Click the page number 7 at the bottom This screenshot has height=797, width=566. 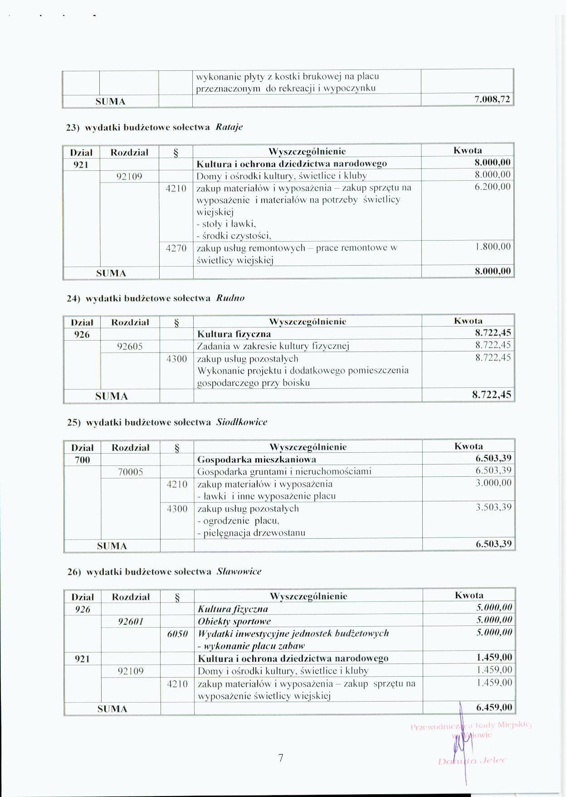pyautogui.click(x=281, y=757)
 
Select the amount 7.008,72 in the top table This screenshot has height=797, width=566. pyautogui.click(x=492, y=100)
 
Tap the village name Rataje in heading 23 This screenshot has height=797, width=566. pyautogui.click(x=229, y=127)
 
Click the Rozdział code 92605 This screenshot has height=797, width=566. pyautogui.click(x=130, y=347)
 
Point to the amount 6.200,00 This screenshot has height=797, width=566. pyautogui.click(x=493, y=187)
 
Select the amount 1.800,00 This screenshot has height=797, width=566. pyautogui.click(x=493, y=247)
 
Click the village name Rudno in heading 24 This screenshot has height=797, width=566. pyautogui.click(x=230, y=298)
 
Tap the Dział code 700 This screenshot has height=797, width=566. pyautogui.click(x=82, y=460)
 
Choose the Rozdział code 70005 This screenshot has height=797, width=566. pyautogui.click(x=130, y=472)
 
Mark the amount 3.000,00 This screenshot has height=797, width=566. pyautogui.click(x=493, y=483)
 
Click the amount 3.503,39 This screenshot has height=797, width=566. pyautogui.click(x=493, y=507)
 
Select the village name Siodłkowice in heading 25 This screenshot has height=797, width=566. pyautogui.click(x=242, y=422)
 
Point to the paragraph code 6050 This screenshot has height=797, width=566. pyautogui.click(x=177, y=634)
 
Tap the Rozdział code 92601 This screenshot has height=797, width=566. pyautogui.click(x=131, y=621)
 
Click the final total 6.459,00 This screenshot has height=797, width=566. pyautogui.click(x=494, y=707)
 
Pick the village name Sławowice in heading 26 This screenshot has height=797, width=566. pyautogui.click(x=239, y=571)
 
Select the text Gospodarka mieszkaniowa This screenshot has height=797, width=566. pyautogui.click(x=257, y=459)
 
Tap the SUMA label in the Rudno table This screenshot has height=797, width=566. pyautogui.click(x=112, y=396)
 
